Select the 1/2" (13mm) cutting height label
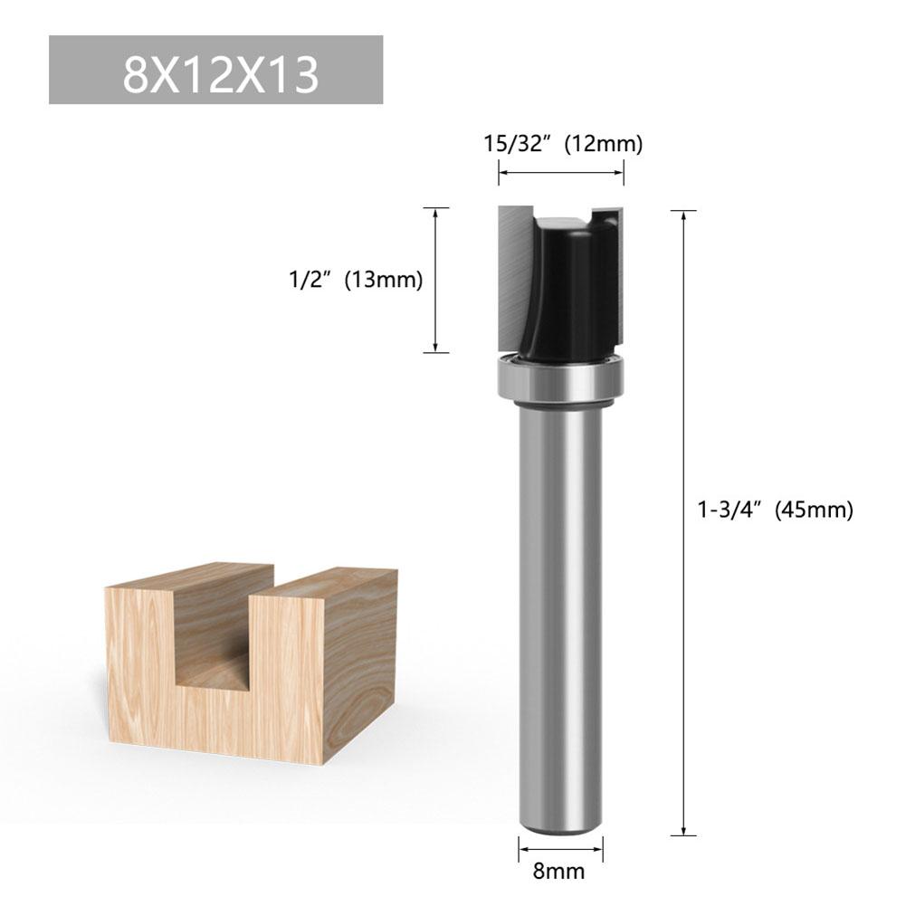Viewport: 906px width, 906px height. click(x=349, y=281)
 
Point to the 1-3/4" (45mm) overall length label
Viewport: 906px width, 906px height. click(x=775, y=510)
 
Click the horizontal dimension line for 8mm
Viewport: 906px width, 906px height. click(x=560, y=849)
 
